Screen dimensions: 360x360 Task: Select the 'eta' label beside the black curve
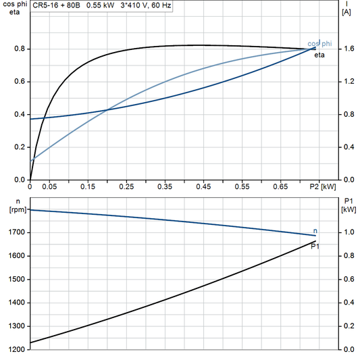pyautogui.click(x=319, y=55)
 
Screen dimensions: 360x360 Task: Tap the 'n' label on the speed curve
pyautogui.click(x=315, y=231)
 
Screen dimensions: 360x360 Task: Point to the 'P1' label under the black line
pyautogui.click(x=315, y=247)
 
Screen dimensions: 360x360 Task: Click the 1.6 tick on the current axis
pyautogui.click(x=349, y=49)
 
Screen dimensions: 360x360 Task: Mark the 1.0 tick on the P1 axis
pyautogui.click(x=348, y=232)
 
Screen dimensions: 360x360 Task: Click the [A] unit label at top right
pyautogui.click(x=346, y=12)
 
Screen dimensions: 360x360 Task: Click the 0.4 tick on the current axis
pyautogui.click(x=349, y=147)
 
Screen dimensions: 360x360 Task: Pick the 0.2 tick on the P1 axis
pyautogui.click(x=348, y=326)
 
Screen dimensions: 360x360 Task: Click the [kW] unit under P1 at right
pyautogui.click(x=349, y=209)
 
